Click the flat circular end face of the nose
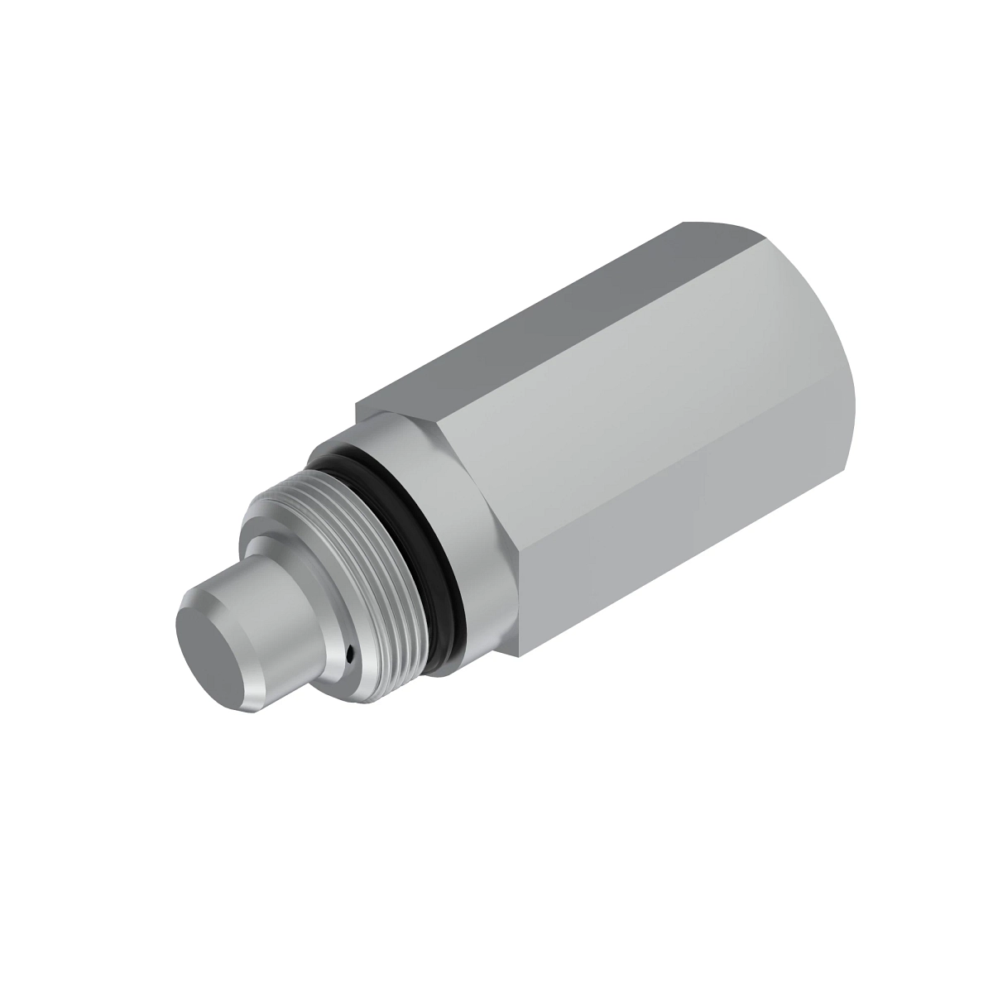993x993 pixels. pos(213,645)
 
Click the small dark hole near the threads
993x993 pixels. pos(351,660)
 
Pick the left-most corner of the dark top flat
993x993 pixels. pos(357,405)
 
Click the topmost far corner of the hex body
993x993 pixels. pos(683,223)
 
